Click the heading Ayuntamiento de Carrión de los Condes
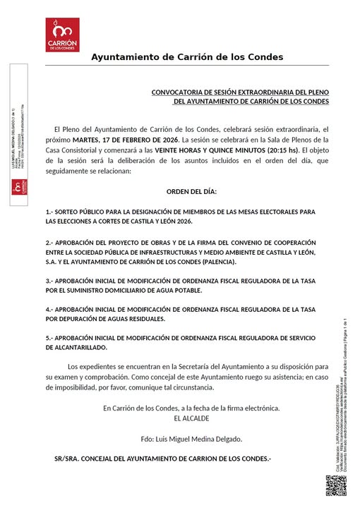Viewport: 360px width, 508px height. click(x=187, y=56)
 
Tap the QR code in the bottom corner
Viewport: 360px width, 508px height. click(x=337, y=488)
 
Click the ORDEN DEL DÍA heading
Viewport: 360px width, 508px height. click(x=191, y=192)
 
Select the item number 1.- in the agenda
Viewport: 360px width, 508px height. click(x=50, y=212)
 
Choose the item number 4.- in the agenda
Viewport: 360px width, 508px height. click(x=50, y=310)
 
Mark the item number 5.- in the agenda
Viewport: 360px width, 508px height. click(x=50, y=338)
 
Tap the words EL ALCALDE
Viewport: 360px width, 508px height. click(x=191, y=418)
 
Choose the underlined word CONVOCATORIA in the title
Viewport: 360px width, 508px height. click(x=179, y=92)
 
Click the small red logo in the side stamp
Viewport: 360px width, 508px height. click(x=19, y=188)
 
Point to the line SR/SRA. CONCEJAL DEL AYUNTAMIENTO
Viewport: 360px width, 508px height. click(x=162, y=459)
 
